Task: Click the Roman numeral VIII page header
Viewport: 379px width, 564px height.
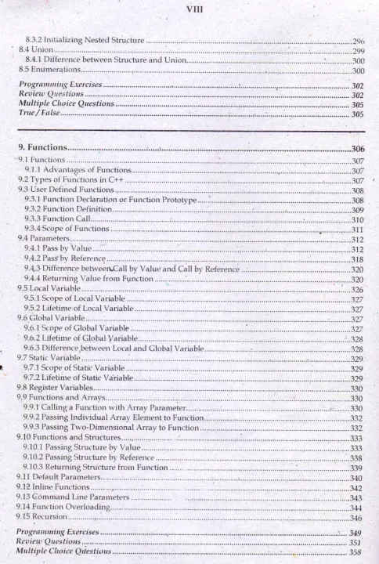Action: coord(189,9)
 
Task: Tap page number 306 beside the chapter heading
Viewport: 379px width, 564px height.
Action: coord(358,148)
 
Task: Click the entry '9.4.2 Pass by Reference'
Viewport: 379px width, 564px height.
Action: coord(62,258)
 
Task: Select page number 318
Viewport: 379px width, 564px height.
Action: coord(357,259)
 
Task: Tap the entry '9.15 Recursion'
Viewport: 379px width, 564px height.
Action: coord(44,518)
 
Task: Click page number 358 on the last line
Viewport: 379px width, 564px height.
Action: coord(356,552)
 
